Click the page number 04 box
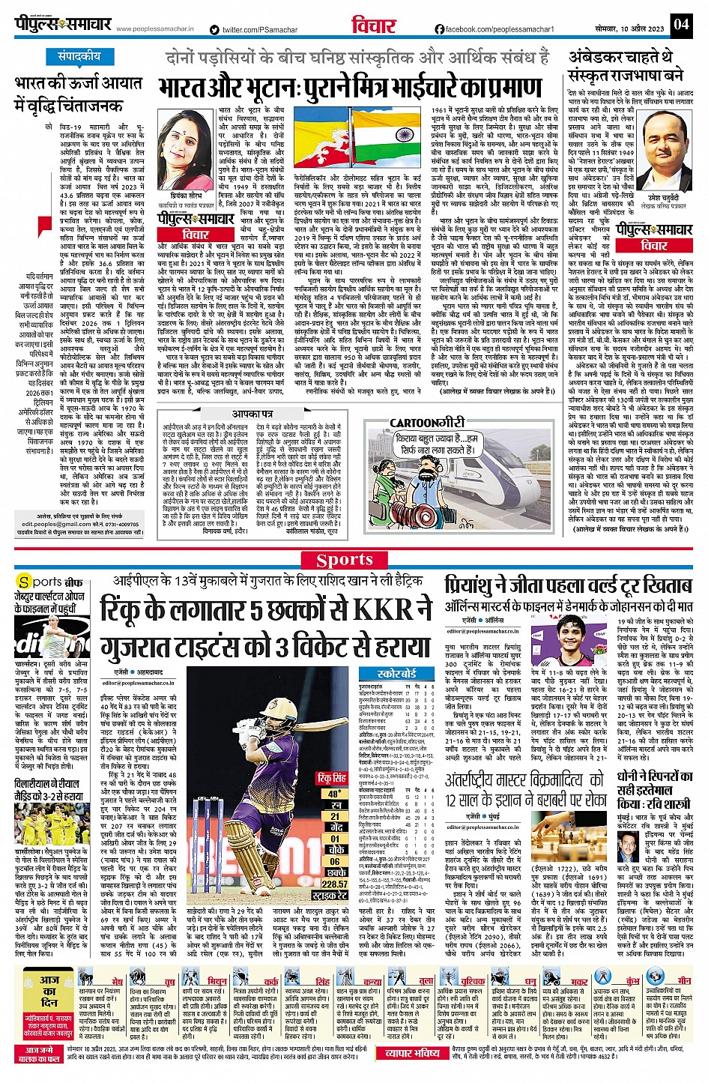(680, 24)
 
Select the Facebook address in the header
(494, 29)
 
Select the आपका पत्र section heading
(252, 414)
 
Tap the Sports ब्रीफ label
(49, 582)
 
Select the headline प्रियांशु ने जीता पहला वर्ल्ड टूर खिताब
(568, 585)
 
